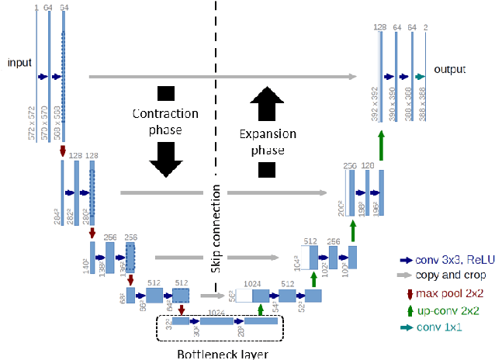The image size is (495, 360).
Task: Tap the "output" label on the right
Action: [450, 69]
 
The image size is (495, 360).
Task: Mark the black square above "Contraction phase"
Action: [165, 94]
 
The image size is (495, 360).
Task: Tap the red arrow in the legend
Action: [409, 293]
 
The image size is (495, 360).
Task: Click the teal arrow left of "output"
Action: [420, 76]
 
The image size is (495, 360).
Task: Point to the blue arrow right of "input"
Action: [43, 77]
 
